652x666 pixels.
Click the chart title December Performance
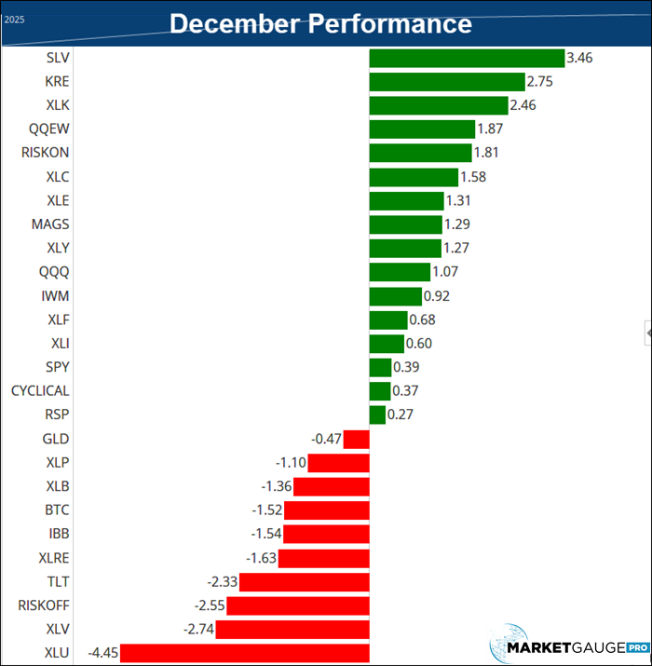tap(320, 23)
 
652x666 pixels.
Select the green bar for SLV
tap(467, 58)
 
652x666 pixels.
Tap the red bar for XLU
tap(245, 653)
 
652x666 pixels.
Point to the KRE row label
tap(57, 82)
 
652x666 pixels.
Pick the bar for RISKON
tap(420, 153)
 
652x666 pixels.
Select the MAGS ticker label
tap(50, 224)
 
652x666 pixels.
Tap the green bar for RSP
tap(377, 415)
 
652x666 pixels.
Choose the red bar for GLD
tap(357, 439)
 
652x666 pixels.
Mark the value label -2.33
tap(223, 581)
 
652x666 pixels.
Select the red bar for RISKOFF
tap(298, 605)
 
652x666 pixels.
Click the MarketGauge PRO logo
tap(570, 644)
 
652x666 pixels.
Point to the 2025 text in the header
tap(14, 19)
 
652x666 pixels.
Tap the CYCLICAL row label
tap(40, 391)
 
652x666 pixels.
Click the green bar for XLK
tap(439, 105)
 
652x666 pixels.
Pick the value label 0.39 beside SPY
tap(407, 367)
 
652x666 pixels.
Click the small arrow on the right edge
tap(647, 331)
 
